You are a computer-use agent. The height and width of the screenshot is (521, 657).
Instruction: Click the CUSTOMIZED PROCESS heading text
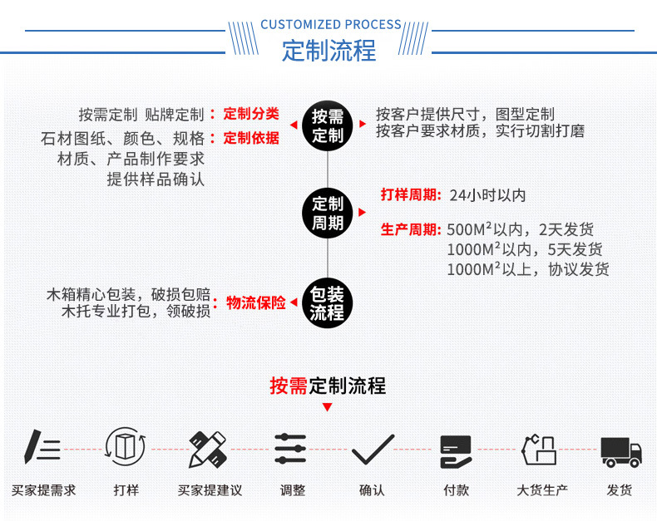pos(330,25)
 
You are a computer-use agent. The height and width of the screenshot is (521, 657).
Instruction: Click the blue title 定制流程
pos(328,51)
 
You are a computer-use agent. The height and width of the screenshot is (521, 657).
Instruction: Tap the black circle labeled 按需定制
pos(327,126)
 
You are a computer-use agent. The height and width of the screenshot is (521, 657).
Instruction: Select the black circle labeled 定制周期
pos(327,214)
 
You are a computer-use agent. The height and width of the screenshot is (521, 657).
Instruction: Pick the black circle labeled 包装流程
pos(327,303)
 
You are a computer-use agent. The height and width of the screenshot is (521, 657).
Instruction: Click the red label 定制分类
pos(251,114)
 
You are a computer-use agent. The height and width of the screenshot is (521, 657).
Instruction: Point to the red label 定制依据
pos(251,138)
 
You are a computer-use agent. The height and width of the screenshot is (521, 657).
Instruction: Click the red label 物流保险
pos(256,303)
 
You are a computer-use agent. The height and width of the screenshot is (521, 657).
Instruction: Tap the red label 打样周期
pos(410,195)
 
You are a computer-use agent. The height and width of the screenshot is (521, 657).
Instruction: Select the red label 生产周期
pos(410,229)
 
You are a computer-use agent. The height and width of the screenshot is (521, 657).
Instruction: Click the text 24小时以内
pos(487,196)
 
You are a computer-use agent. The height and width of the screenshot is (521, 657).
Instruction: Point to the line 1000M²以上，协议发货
pos(527,269)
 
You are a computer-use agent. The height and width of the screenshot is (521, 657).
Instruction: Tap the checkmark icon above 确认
pos(372,450)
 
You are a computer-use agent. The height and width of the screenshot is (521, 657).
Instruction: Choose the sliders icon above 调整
pos(290,450)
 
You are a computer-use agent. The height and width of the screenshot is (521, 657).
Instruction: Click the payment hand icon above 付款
pos(456,451)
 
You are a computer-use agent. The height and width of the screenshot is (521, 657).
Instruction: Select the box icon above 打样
pos(125,448)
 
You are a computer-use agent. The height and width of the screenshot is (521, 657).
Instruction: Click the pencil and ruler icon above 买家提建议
pos(208,450)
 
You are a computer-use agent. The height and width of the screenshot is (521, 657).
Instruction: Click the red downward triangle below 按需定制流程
pos(327,407)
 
